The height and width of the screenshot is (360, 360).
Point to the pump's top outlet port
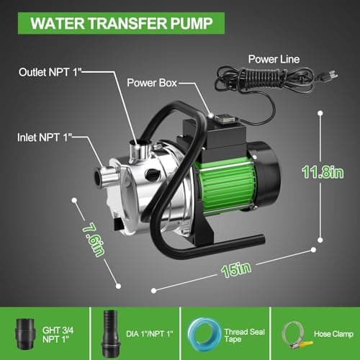click(x=137, y=151)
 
